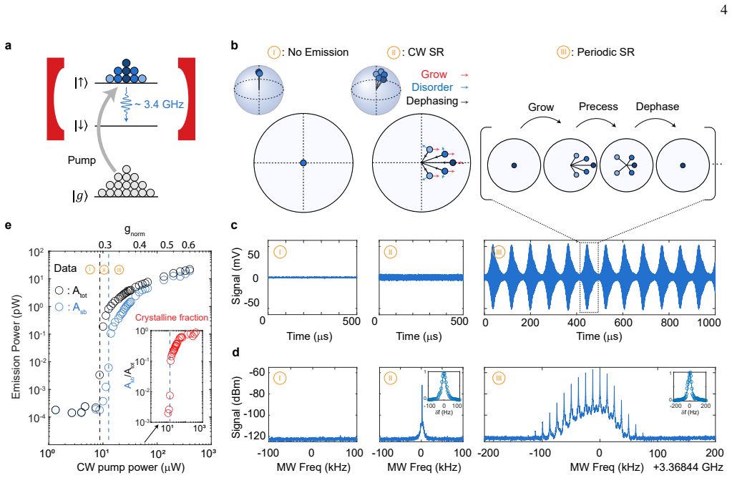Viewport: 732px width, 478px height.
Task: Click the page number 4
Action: pyautogui.click(x=723, y=9)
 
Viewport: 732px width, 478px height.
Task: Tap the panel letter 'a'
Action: pyautogui.click(x=9, y=46)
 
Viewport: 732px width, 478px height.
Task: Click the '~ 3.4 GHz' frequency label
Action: pyautogui.click(x=159, y=104)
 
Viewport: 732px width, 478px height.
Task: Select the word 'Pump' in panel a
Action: pyautogui.click(x=82, y=160)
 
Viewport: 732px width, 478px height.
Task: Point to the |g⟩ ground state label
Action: pyautogui.click(x=80, y=196)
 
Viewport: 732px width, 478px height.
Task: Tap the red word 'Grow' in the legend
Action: pyautogui.click(x=434, y=74)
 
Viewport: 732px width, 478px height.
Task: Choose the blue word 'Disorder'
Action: pyautogui.click(x=431, y=87)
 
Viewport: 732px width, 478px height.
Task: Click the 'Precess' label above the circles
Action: pyautogui.click(x=598, y=107)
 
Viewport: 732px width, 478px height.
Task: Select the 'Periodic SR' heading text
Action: pyautogui.click(x=605, y=52)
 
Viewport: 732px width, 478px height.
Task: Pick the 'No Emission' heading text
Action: pyautogui.click(x=318, y=52)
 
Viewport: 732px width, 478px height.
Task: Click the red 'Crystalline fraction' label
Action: pyautogui.click(x=172, y=318)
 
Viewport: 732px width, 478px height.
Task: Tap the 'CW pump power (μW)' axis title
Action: pyautogui.click(x=130, y=467)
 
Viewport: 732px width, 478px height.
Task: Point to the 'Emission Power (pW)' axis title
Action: pyautogui.click(x=16, y=346)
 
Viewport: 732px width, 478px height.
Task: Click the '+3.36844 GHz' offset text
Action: pyautogui.click(x=688, y=467)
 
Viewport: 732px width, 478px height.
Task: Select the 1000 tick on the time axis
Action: pyautogui.click(x=709, y=322)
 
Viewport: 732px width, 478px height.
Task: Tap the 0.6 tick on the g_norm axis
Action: pyautogui.click(x=188, y=245)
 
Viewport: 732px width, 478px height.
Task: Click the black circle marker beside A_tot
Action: pyautogui.click(x=59, y=291)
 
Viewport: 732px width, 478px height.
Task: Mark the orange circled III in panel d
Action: pyautogui.click(x=498, y=378)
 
